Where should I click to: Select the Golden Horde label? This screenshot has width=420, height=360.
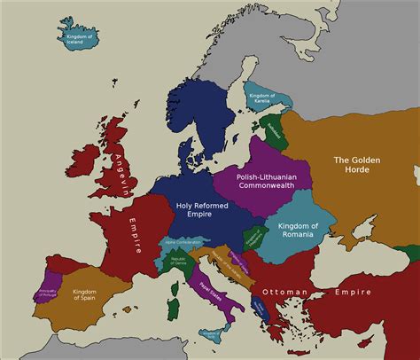356,165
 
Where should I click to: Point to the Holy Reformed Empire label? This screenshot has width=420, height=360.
203,210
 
